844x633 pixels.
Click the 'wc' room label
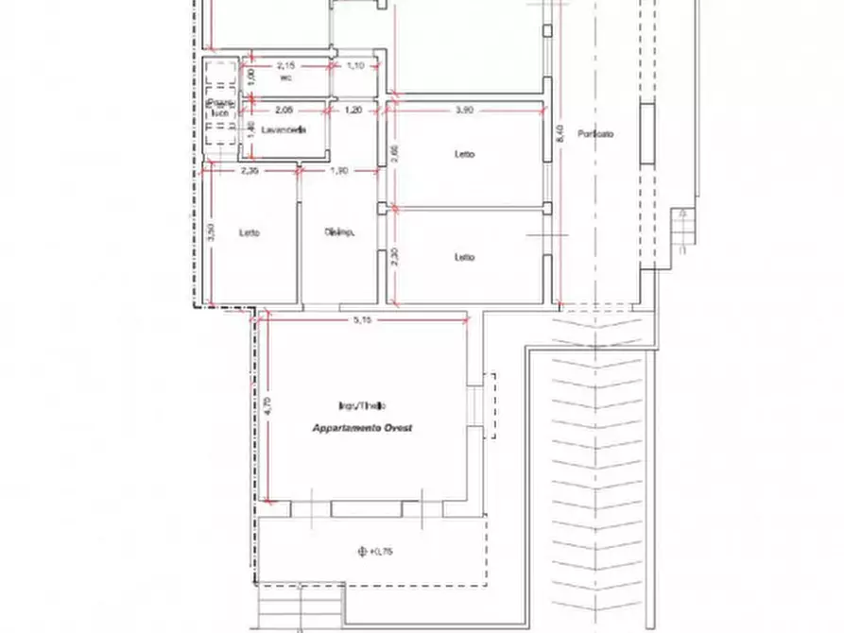285,78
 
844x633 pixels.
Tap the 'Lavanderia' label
285,131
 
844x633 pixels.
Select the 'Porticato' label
597,134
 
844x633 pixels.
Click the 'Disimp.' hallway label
339,232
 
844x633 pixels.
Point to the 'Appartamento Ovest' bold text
364,428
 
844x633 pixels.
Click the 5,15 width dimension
362,319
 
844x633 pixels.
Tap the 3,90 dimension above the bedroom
464,111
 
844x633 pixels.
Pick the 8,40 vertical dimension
560,135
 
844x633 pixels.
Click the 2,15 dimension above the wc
285,65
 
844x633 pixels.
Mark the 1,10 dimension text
355,65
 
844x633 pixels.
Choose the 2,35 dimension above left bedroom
250,171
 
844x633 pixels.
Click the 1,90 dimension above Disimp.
340,171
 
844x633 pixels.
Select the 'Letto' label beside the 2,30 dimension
464,257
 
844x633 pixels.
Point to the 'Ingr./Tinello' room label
362,406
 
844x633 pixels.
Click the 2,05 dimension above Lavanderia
284,111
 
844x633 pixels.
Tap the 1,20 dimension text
354,111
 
